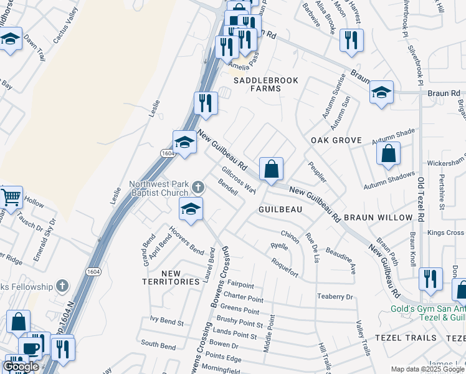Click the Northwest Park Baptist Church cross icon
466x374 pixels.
[x=197, y=186]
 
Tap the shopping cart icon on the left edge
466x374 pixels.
[x=11, y=198]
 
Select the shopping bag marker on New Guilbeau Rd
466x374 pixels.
[x=272, y=168]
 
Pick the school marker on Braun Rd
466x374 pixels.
[x=381, y=93]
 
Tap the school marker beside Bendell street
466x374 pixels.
[x=191, y=210]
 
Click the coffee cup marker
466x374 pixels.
[x=30, y=348]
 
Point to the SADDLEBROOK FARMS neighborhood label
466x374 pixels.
[x=265, y=85]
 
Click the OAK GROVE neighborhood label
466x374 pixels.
[x=336, y=140]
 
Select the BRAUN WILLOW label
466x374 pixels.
[x=378, y=218]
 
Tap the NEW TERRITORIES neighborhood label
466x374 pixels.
[x=171, y=277]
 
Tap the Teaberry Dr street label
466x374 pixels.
[x=335, y=297]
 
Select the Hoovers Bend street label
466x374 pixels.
[x=188, y=247]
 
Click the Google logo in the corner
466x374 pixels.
[x=21, y=367]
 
